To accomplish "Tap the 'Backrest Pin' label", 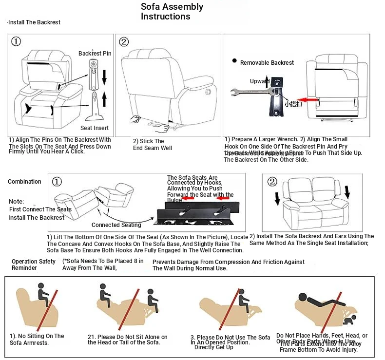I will coord(95,53).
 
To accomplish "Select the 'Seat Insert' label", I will coord(95,128).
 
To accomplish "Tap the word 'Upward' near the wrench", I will coord(259,81).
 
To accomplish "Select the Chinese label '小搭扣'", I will coord(293,104).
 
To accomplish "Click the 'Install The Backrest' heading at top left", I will coord(35,22).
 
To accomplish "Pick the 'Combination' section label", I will coord(24,182).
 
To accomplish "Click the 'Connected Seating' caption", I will coord(116,225).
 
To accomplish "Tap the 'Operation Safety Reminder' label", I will coord(34,265).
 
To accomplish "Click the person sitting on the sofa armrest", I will coord(43,294).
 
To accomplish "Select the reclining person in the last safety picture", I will coord(317,300).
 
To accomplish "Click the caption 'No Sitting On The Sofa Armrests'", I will coord(37,340).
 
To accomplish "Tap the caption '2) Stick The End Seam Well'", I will coord(153,145).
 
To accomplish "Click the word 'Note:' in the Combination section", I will coord(16,202).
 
